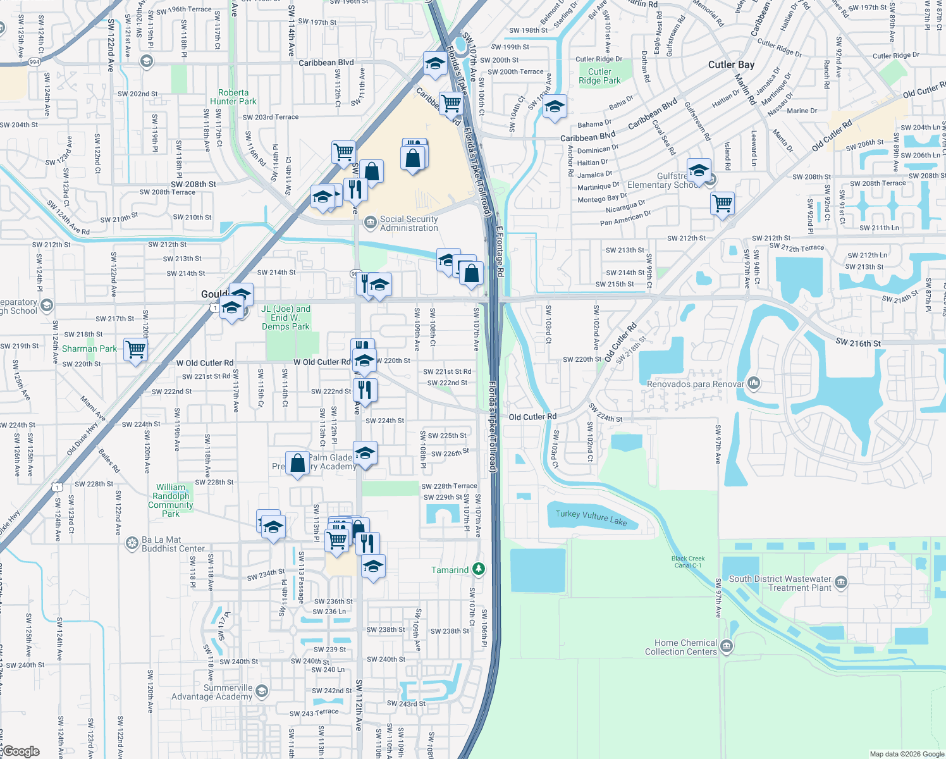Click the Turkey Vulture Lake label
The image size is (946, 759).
[591, 517]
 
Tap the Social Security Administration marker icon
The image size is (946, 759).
[371, 222]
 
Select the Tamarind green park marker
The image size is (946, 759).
[479, 569]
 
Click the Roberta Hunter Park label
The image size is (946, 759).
[233, 97]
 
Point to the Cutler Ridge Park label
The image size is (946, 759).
[599, 76]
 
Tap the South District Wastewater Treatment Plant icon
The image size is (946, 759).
[840, 583]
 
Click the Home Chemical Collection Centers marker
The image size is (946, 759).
[726, 646]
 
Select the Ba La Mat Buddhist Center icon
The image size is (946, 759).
[132, 543]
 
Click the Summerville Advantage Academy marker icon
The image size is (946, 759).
[262, 691]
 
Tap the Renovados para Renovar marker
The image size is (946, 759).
[753, 383]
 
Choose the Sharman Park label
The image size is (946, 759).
[89, 349]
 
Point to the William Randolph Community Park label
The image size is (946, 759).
[171, 500]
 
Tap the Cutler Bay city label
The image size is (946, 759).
[731, 65]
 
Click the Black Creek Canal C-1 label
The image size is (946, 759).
[688, 562]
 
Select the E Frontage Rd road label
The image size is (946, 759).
[500, 252]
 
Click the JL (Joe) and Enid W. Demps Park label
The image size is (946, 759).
[286, 318]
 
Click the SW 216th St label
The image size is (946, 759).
[857, 343]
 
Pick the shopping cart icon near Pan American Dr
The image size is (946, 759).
[722, 204]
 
